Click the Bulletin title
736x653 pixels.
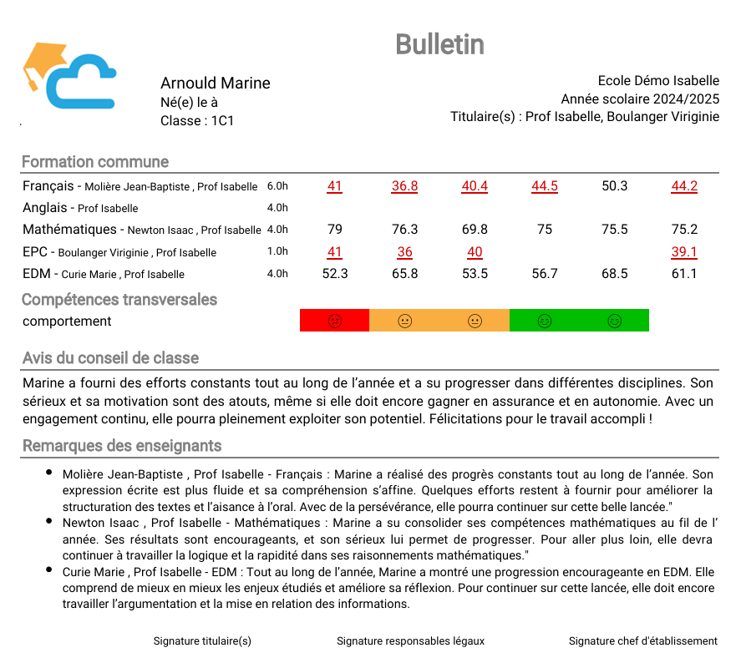[439, 44]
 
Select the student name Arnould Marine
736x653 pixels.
[215, 83]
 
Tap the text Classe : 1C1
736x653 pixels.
[197, 120]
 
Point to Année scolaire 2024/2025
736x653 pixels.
[640, 99]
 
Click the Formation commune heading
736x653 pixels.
[95, 162]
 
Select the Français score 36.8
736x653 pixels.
[404, 186]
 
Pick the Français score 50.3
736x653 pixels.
[614, 186]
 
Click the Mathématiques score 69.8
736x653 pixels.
[475, 230]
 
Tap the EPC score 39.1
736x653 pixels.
[684, 252]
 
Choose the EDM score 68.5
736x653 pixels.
[614, 274]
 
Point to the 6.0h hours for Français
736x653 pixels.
[277, 186]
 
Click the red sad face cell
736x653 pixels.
[334, 321]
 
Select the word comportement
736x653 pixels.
[67, 321]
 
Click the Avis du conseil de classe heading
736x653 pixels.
[110, 358]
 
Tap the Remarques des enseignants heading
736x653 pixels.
[122, 446]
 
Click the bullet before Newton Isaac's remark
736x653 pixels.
[50, 522]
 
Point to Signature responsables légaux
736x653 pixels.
[410, 640]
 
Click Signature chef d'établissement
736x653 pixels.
[642, 640]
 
